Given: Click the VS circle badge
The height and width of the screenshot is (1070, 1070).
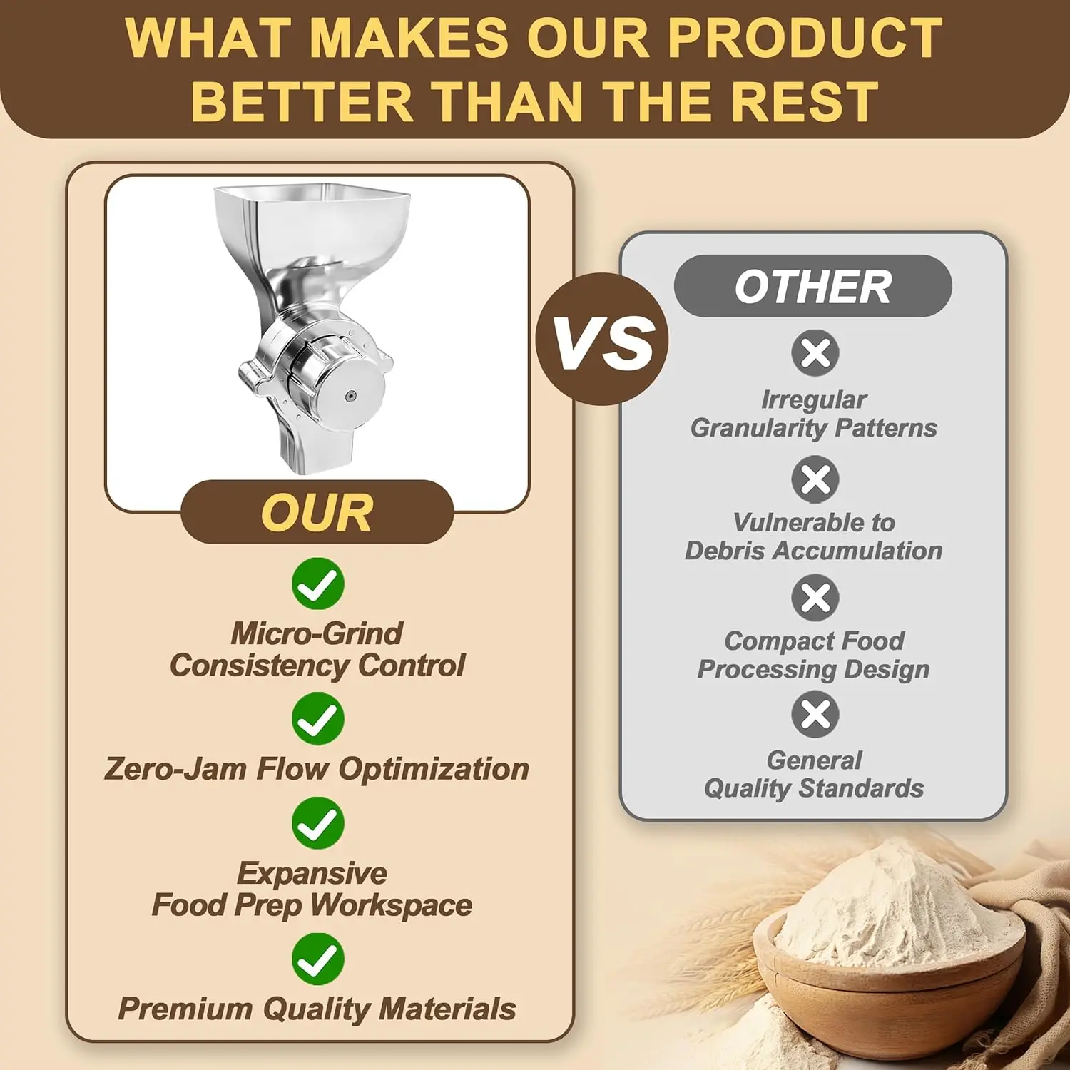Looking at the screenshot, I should click(602, 340).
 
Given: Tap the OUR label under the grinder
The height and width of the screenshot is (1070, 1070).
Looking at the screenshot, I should click(317, 512).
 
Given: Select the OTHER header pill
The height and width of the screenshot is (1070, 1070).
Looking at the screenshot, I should click(812, 286).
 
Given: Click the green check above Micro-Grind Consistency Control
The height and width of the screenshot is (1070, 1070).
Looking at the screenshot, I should click(317, 584).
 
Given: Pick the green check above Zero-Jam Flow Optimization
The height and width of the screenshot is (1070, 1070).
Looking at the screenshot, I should click(317, 718).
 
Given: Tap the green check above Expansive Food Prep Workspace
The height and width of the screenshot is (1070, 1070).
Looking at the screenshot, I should click(317, 823).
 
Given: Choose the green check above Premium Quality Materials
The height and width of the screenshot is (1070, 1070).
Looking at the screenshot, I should click(317, 959).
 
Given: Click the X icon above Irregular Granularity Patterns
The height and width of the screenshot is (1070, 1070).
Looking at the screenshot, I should click(815, 352).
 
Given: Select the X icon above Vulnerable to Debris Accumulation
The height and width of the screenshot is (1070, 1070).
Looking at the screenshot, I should click(815, 479).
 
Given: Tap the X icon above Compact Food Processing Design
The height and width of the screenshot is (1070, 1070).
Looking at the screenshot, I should click(815, 598).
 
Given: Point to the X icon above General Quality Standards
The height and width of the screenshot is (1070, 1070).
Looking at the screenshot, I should click(815, 715).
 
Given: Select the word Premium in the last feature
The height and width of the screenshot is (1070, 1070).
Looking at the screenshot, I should click(185, 1009).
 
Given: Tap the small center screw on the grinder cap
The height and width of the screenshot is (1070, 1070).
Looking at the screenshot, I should click(350, 397).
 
